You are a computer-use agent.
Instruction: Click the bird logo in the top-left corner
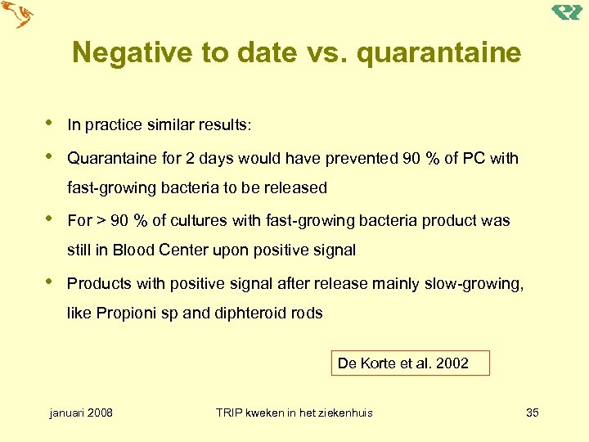[x=19, y=15]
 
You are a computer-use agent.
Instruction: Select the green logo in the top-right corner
[x=567, y=12]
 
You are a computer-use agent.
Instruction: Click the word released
[x=293, y=187]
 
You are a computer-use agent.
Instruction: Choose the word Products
[x=99, y=283]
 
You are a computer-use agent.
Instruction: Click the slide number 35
[x=532, y=413]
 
